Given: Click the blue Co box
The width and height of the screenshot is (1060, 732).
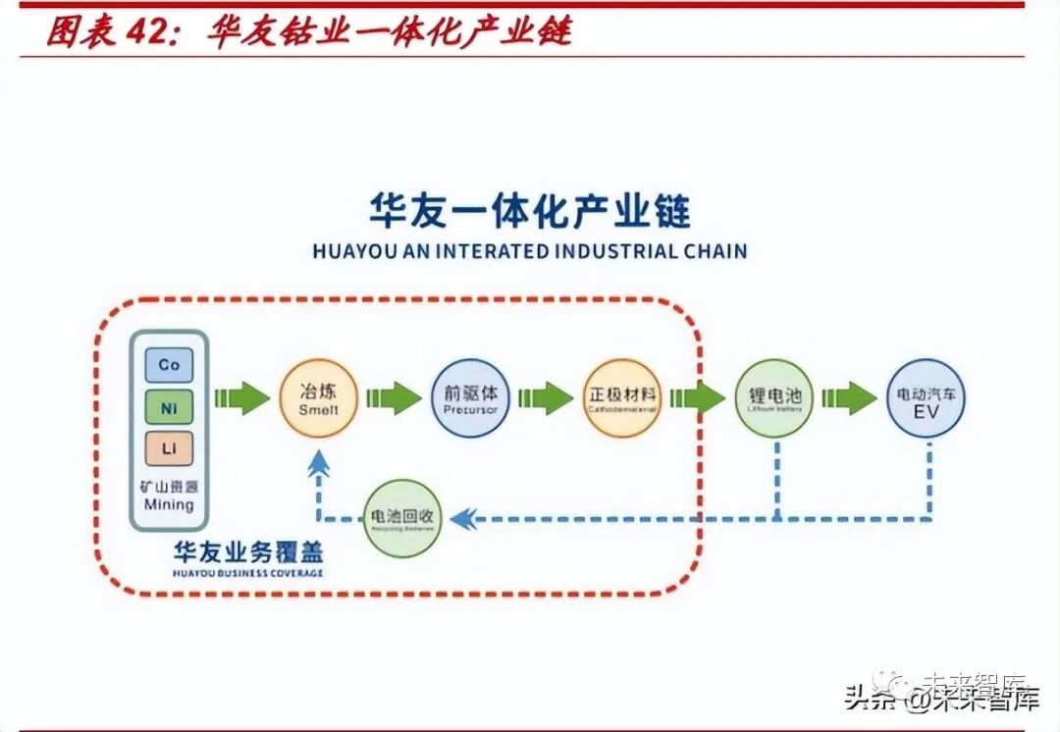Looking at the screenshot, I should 169,365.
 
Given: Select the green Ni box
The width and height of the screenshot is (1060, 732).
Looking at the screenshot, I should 169,406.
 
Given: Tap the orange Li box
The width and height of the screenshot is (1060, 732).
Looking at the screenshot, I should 169,448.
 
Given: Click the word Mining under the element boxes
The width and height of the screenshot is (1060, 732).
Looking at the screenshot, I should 169,504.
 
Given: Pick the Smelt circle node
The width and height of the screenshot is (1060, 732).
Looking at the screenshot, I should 319,397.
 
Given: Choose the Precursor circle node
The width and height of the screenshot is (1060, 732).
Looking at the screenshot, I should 471,397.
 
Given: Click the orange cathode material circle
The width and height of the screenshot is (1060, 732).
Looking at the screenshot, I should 622,397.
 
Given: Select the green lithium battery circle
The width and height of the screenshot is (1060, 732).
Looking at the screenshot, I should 774,397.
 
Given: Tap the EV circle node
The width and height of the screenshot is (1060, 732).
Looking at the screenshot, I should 926,397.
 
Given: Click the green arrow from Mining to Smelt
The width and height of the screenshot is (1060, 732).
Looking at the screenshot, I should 241,397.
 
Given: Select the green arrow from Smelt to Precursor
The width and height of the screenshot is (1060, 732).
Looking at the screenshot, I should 395,397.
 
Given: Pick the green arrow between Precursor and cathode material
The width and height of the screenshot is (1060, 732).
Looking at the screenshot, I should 546,397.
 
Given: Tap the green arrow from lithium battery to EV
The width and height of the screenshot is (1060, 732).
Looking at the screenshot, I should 850,397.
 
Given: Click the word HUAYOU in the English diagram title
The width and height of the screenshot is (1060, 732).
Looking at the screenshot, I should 347,251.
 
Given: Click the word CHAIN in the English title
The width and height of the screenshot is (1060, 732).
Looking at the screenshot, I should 713,251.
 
